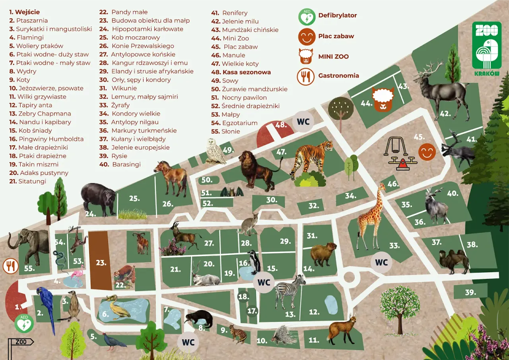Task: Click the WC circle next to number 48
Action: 303,121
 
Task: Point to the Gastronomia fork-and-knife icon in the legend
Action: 305,76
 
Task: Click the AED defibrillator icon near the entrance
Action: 24,323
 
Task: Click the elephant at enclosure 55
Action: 30,244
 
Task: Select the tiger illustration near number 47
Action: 312,157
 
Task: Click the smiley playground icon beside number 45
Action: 427,152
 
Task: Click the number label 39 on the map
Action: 470,292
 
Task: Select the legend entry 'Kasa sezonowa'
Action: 246,72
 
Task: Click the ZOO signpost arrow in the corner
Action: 21,342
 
